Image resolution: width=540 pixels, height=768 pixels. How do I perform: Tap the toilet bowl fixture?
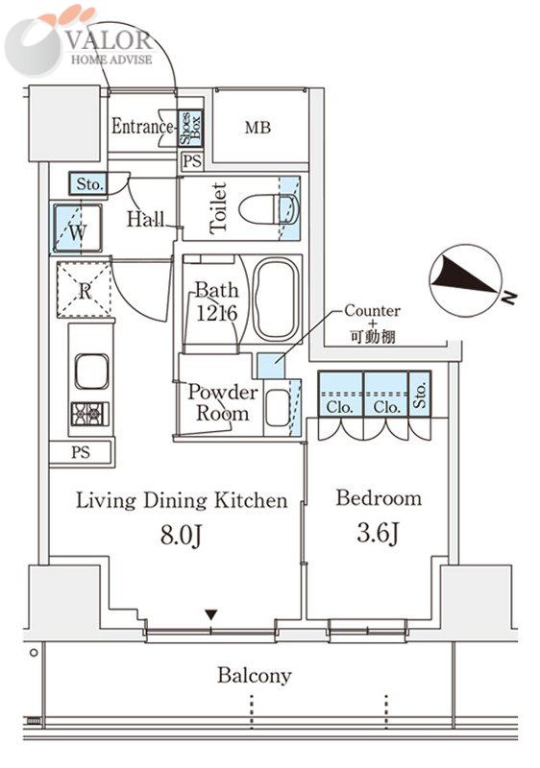coord(268,209)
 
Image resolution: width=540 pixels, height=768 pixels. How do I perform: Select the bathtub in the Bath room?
coord(276,300)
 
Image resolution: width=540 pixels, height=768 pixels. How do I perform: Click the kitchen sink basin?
coord(91,372)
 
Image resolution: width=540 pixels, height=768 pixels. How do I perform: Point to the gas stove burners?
coord(90,414)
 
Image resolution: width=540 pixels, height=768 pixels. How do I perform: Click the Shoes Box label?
coord(190,129)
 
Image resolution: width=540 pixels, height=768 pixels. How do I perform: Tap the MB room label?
coord(258,128)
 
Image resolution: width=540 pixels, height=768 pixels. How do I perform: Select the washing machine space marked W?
coord(78,228)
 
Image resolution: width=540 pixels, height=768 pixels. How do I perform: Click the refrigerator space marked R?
coord(85,290)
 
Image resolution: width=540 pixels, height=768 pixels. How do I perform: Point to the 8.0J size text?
coord(182,536)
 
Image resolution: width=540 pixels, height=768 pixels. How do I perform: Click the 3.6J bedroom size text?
coord(378,533)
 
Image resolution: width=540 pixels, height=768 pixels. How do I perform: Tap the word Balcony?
coord(255,676)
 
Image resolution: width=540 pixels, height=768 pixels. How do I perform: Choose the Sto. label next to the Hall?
coord(89,184)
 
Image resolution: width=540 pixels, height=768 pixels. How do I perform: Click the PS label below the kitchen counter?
coord(81,452)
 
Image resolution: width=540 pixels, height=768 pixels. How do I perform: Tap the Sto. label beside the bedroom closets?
coord(420,395)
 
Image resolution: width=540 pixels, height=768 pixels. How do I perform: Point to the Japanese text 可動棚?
coord(373,337)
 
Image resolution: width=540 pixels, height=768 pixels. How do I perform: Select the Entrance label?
coord(142,127)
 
